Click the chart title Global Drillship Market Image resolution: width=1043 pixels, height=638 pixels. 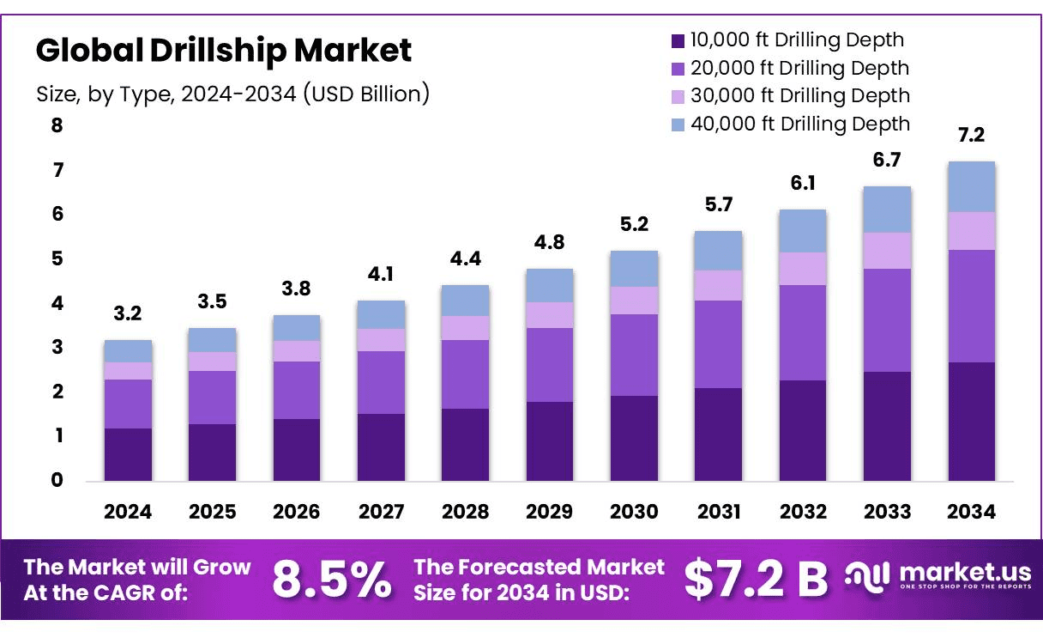[223, 51]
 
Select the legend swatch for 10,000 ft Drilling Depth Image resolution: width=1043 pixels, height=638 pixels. [678, 40]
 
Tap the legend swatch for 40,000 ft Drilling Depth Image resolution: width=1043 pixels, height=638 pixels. [678, 125]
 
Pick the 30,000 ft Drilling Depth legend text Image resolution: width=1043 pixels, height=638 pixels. [799, 95]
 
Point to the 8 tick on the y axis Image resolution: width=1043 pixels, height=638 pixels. [57, 126]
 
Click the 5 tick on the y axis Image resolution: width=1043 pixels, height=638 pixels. [57, 259]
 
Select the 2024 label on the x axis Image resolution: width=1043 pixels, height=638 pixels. [128, 513]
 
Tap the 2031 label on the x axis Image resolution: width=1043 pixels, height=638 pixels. [718, 513]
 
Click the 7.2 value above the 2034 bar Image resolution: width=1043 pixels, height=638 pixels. [971, 136]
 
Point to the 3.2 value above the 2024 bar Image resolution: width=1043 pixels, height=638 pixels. [128, 314]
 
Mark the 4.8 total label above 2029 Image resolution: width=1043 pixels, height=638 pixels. [550, 243]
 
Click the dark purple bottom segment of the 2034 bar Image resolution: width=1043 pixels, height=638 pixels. [971, 422]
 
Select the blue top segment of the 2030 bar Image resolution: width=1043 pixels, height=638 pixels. [634, 269]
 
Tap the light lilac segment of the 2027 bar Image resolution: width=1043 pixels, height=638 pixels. [381, 340]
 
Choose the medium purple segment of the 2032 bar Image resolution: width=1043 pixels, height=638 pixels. [803, 332]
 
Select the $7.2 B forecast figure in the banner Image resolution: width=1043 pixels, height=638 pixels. [756, 580]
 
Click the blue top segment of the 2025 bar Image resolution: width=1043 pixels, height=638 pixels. [212, 340]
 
